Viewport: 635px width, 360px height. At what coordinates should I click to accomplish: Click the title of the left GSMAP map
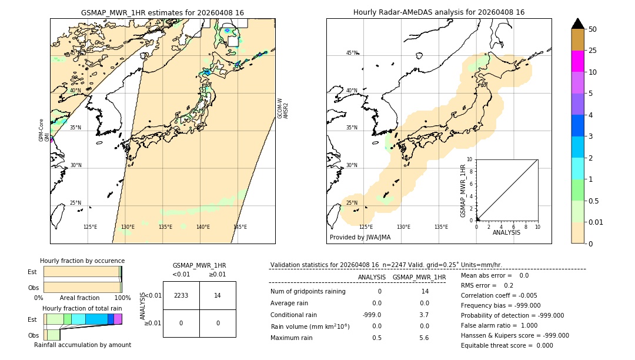click(x=162, y=12)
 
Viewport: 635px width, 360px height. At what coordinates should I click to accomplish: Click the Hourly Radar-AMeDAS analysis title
click(x=439, y=12)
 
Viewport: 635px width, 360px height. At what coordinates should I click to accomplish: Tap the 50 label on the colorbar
click(x=593, y=29)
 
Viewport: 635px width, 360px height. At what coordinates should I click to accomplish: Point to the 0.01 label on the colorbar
click(x=596, y=222)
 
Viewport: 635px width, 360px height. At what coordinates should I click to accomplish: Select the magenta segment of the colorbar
click(x=577, y=61)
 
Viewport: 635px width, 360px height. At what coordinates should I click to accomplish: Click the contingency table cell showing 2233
click(x=181, y=296)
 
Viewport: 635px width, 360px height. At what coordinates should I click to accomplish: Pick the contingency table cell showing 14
click(x=218, y=296)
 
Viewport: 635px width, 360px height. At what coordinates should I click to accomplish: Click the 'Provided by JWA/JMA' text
click(x=360, y=238)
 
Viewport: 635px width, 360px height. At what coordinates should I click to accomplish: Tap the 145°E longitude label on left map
click(x=240, y=227)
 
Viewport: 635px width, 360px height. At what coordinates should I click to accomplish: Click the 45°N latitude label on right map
click(x=352, y=53)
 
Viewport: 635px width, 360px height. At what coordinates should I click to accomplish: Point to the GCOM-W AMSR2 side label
click(x=283, y=109)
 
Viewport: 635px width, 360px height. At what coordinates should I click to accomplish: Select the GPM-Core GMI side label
click(x=44, y=131)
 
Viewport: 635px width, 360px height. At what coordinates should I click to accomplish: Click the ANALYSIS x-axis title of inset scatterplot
click(x=506, y=233)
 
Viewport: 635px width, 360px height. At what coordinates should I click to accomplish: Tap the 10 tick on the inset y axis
click(x=470, y=159)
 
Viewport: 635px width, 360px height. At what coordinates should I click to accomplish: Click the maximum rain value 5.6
click(x=423, y=338)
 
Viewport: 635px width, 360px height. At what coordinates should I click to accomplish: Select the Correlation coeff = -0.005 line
click(x=499, y=296)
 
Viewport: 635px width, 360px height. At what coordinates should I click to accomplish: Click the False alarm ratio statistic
click(x=499, y=325)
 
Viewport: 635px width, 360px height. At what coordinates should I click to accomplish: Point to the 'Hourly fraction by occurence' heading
click(x=82, y=261)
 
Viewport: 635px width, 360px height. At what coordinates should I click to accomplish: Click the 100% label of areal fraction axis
click(x=122, y=298)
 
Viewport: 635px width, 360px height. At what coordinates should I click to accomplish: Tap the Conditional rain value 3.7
click(x=423, y=315)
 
